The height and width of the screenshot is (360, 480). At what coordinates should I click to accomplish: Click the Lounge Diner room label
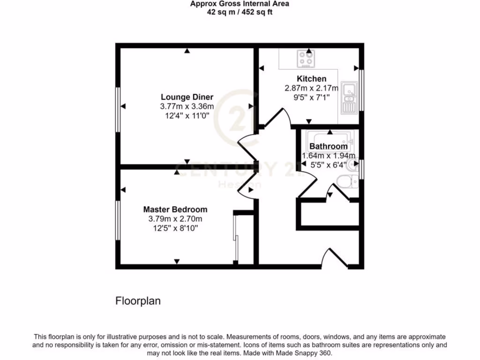click(x=187, y=97)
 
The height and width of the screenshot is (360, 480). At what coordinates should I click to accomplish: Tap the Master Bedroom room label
click(x=175, y=209)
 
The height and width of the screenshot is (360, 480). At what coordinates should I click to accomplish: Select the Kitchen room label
click(x=311, y=78)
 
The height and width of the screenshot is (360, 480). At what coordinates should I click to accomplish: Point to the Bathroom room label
click(x=328, y=146)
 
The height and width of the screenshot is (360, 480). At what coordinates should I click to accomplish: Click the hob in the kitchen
click(x=307, y=59)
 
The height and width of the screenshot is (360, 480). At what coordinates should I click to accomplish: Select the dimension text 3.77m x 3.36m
click(x=187, y=106)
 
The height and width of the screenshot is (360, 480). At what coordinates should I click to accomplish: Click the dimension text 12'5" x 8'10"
click(x=175, y=228)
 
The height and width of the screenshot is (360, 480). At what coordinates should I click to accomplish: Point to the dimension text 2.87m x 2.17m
click(x=311, y=88)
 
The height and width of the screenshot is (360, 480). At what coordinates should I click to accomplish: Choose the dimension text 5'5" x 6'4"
click(x=328, y=165)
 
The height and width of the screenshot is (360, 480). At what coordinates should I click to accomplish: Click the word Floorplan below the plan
click(x=138, y=301)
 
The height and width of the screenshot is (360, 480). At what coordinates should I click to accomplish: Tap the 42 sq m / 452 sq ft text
click(x=240, y=12)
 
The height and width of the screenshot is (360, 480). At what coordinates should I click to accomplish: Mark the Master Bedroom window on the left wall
click(x=118, y=222)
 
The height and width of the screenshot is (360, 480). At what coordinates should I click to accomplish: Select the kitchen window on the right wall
click(x=361, y=90)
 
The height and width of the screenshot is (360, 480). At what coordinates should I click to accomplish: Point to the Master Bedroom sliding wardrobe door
click(x=236, y=239)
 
